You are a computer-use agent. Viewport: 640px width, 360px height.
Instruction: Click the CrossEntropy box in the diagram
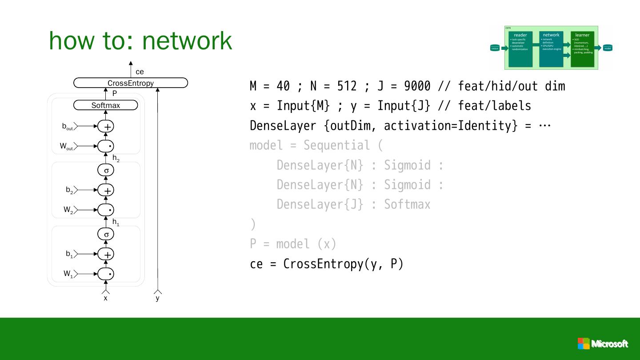tap(131, 83)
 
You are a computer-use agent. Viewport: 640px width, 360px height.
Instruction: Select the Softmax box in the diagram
tap(106, 105)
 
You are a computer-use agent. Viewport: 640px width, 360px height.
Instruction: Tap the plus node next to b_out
tap(106, 127)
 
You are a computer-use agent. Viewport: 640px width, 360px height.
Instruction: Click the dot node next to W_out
tap(106, 146)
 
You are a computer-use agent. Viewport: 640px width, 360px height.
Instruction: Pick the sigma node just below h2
tap(106, 170)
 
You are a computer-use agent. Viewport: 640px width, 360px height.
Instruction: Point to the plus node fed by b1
tap(106, 254)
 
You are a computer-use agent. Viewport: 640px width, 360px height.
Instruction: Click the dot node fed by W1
tap(106, 273)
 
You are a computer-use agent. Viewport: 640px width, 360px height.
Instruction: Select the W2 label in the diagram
tap(68, 210)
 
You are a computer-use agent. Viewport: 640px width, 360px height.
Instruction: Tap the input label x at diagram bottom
tap(106, 298)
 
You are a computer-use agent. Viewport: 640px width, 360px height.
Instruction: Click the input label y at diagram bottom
tap(157, 298)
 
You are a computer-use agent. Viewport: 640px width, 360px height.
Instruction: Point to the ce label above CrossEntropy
tap(140, 72)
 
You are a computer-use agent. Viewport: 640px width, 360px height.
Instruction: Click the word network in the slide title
tap(187, 40)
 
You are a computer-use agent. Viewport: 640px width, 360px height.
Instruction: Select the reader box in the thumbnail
tap(520, 49)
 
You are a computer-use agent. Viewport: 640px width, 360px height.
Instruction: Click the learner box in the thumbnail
tap(582, 49)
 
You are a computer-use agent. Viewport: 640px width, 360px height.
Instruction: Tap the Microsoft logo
tap(603, 344)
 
